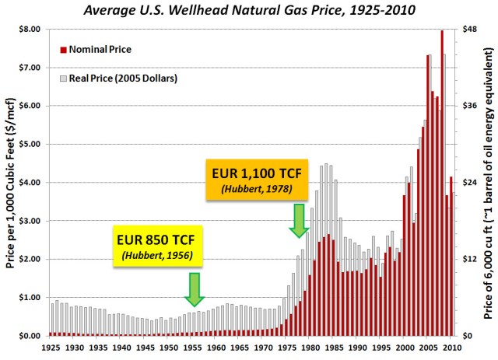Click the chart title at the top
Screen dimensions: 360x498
point(249,10)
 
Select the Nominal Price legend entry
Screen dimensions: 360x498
point(99,49)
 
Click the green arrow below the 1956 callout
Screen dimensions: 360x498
point(194,288)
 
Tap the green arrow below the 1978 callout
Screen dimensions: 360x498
point(299,221)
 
